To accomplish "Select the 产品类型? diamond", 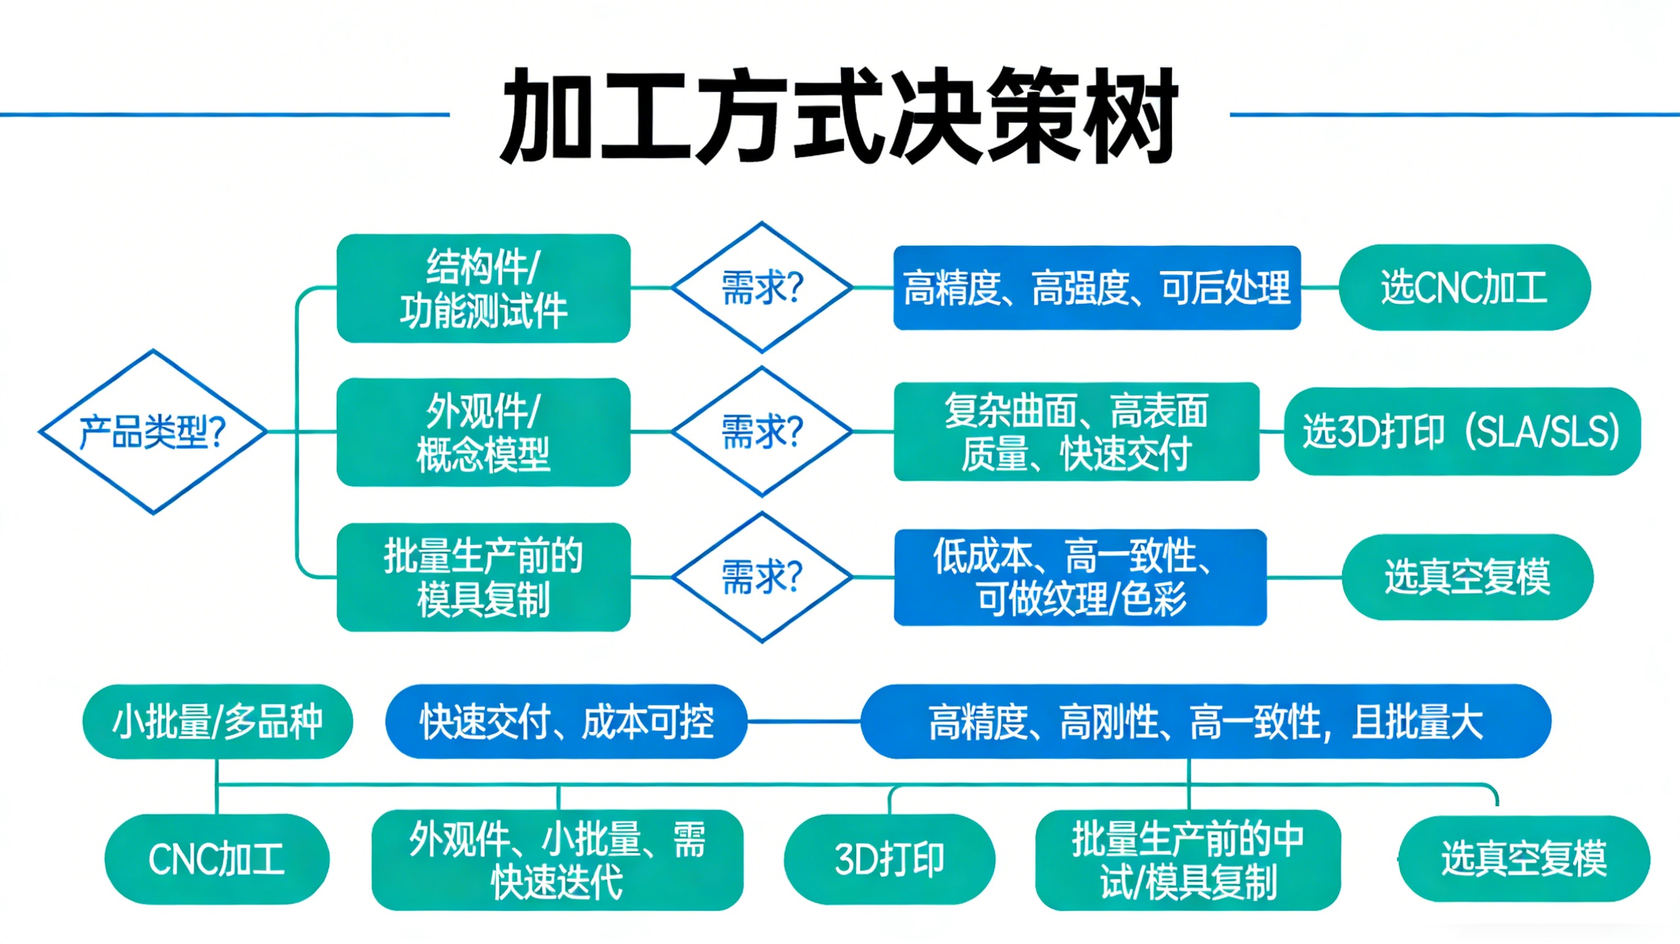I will coord(153,432).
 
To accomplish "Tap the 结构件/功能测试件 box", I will coord(483,288).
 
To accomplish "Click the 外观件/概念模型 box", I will coord(483,432).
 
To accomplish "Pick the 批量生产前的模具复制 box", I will coord(483,577).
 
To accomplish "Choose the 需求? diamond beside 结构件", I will coord(762,287).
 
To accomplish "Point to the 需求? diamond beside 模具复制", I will coord(762,577).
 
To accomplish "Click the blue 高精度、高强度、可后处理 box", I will coord(1096,287).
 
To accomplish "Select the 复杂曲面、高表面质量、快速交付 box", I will coord(1076,432).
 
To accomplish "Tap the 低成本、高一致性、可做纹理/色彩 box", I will coord(1080,577).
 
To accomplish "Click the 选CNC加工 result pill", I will coord(1464,287).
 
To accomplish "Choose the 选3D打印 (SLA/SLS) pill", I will coord(1462,432).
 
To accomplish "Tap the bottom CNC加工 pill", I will coord(217,859).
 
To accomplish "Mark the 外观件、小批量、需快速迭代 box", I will coord(557,860).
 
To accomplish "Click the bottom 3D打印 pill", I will coord(890,859).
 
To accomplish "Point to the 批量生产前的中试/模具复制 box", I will coord(1188,860).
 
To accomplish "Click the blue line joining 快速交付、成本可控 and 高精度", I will coord(804,721).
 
